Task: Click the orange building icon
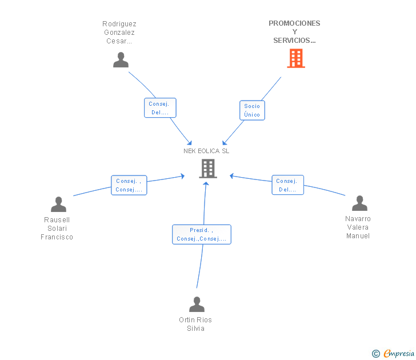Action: point(296,58)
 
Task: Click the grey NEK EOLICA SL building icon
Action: point(208,169)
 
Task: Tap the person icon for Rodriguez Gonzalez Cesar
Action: point(121,59)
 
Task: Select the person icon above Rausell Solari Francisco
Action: point(58,204)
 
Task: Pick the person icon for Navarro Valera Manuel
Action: point(359,203)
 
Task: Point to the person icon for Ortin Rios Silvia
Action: point(197,305)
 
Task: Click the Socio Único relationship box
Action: point(252,110)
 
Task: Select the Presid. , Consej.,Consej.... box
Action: point(202,234)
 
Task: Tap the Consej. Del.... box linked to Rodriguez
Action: point(160,107)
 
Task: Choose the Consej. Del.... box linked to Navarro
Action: point(287,185)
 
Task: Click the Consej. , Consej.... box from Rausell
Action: point(129,185)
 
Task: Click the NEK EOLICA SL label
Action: point(206,151)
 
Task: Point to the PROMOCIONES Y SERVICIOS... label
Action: point(294,32)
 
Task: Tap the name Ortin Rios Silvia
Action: point(195,324)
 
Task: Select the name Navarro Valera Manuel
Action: point(358,227)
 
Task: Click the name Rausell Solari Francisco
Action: point(57,229)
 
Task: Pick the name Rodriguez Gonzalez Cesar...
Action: point(119,33)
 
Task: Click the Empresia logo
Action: point(399,353)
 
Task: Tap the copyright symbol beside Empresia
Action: point(376,354)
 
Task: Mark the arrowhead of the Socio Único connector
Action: point(224,143)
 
